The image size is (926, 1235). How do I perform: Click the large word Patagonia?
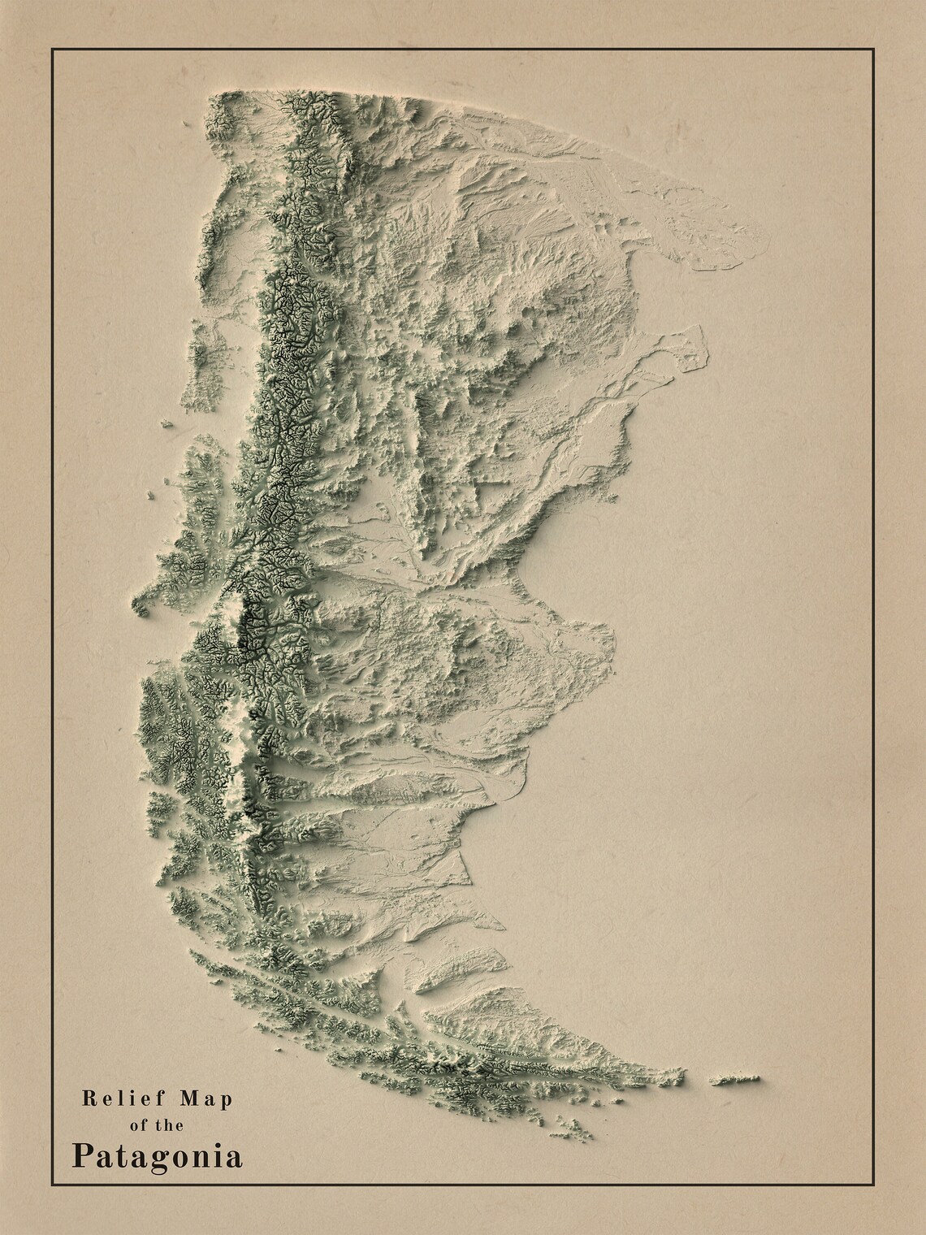tap(157, 1156)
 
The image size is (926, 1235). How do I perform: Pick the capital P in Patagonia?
tap(81, 1155)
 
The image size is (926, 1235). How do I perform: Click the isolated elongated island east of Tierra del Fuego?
tap(735, 1080)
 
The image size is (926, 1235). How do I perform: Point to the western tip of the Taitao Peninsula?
tap(136, 605)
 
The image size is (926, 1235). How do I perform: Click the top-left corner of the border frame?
tap(53, 50)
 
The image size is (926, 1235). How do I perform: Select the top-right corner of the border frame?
tap(873, 50)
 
